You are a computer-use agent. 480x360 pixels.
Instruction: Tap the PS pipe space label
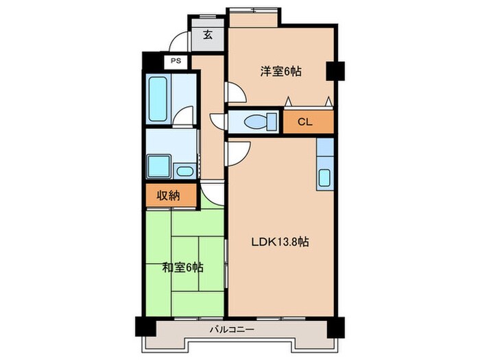pyautogui.click(x=175, y=61)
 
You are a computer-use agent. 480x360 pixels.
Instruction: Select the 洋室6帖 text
pyautogui.click(x=281, y=71)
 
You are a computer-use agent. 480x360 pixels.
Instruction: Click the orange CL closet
pyautogui.click(x=305, y=122)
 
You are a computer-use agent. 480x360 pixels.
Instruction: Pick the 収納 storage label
pyautogui.click(x=169, y=195)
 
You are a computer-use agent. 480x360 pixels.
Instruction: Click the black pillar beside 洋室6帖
pyautogui.click(x=334, y=71)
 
